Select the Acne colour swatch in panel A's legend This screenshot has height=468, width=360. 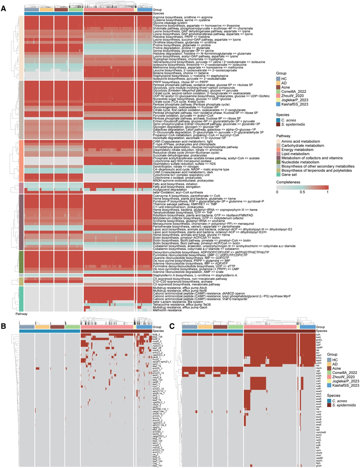(279, 88)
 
